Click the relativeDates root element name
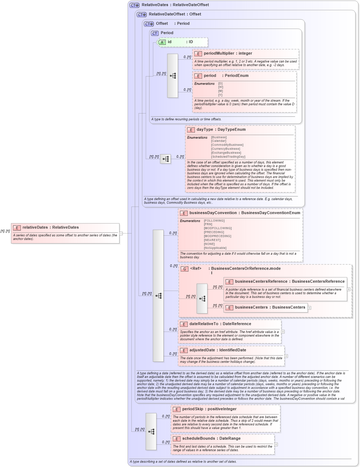click(35, 227)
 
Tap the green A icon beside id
click(162, 42)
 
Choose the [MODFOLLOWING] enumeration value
click(218, 228)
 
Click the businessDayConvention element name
click(213, 213)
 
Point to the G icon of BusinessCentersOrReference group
click(184, 269)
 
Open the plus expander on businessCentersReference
click(349, 289)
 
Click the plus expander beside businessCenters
click(309, 308)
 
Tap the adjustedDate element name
click(203, 350)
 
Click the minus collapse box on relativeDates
click(121, 233)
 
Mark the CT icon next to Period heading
click(155, 33)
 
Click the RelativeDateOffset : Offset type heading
click(175, 14)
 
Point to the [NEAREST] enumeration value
click(212, 240)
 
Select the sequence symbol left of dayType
click(165, 159)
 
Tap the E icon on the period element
click(198, 76)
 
